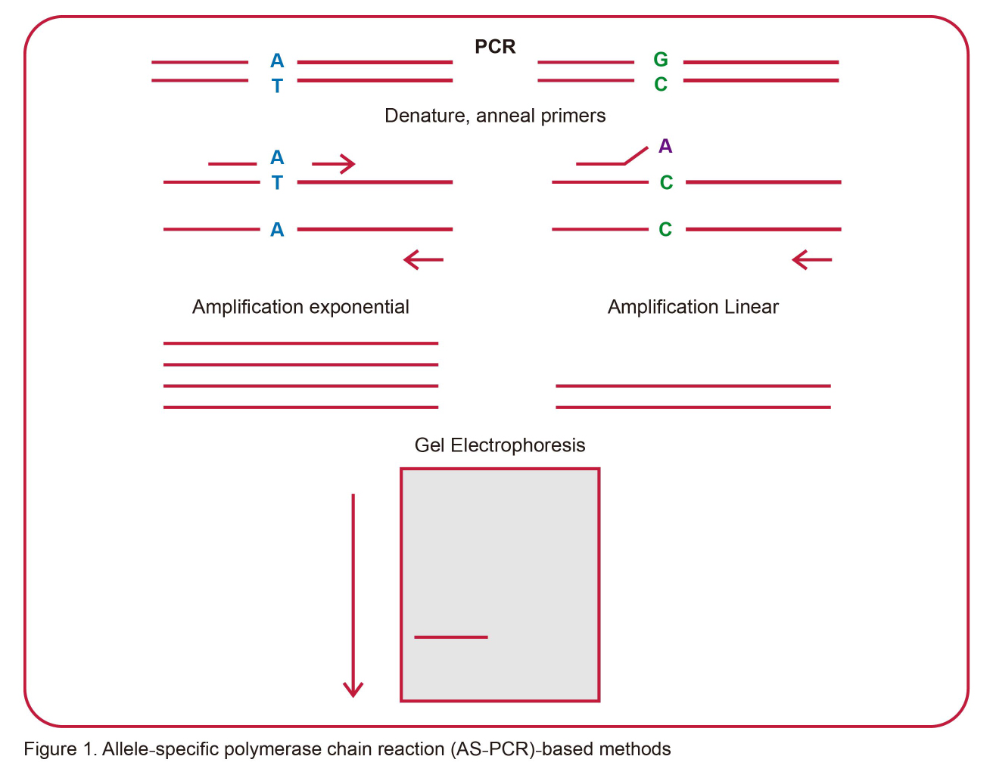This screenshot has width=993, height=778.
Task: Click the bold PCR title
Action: coord(495,47)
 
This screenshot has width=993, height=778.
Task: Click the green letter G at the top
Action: coord(661,60)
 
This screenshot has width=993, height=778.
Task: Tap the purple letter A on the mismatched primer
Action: coord(665,146)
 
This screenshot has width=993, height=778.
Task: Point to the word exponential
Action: coord(360,307)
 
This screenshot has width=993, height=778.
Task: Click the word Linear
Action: coord(752,307)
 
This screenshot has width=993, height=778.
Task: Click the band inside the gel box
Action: coord(451,637)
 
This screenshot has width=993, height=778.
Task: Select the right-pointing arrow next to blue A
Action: coord(334,163)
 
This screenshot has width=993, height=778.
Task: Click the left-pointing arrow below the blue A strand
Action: coord(423,260)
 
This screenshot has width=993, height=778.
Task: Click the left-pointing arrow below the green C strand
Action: coord(811,260)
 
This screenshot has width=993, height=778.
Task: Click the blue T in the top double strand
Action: coord(277,86)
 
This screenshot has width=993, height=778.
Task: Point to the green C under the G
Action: coord(661,85)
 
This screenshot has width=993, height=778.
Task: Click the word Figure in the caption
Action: coord(49,749)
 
